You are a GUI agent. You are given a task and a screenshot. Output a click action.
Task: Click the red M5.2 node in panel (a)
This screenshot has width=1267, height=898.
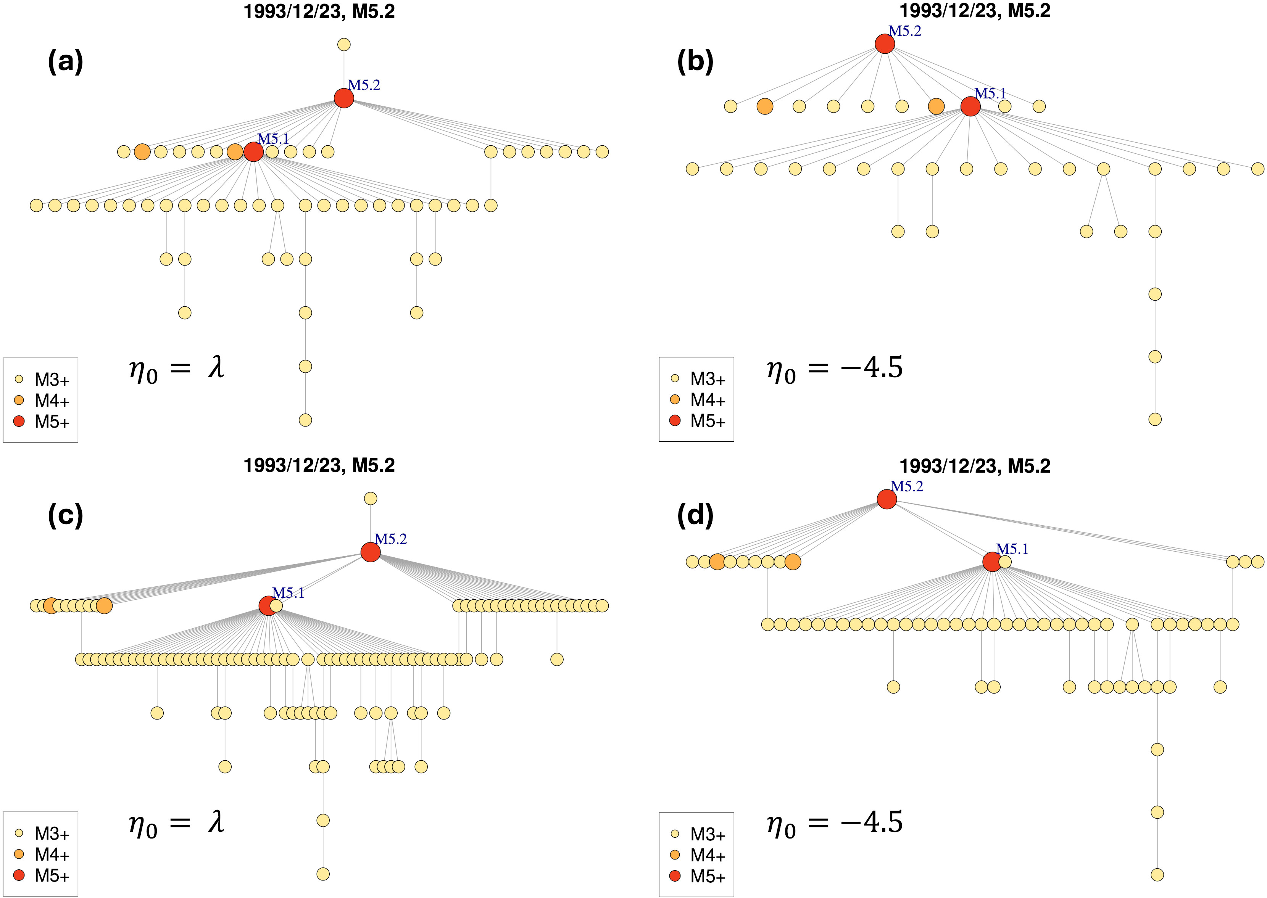coord(343,98)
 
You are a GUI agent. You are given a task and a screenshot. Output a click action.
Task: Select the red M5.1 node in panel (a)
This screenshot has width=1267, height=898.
coord(253,151)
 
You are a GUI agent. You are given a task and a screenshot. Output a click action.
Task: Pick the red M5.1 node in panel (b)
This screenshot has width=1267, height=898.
coord(970,106)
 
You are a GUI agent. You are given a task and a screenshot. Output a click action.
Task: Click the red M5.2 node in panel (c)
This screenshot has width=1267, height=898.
coord(370,552)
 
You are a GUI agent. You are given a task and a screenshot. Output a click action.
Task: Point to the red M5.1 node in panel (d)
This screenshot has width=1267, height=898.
coord(991,562)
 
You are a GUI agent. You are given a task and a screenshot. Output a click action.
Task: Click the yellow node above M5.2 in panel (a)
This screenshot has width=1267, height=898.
coord(343,45)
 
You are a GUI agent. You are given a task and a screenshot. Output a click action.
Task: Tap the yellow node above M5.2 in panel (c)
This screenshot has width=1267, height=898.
coord(370,498)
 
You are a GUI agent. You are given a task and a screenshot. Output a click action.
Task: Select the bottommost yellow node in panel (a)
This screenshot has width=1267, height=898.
coord(305,420)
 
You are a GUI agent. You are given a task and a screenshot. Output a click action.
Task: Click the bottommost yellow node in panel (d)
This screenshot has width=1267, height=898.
coord(1157,874)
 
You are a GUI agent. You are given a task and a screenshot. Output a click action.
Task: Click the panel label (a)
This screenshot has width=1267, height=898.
coord(65,62)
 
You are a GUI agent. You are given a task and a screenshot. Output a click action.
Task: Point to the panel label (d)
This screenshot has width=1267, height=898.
coord(695,515)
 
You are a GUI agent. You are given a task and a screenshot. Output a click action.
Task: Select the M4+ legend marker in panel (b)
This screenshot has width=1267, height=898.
coord(675,399)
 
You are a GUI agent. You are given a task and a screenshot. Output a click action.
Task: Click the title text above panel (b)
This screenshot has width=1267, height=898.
coord(974,11)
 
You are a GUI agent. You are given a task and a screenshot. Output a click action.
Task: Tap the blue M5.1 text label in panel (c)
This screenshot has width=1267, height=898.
coord(288,593)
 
